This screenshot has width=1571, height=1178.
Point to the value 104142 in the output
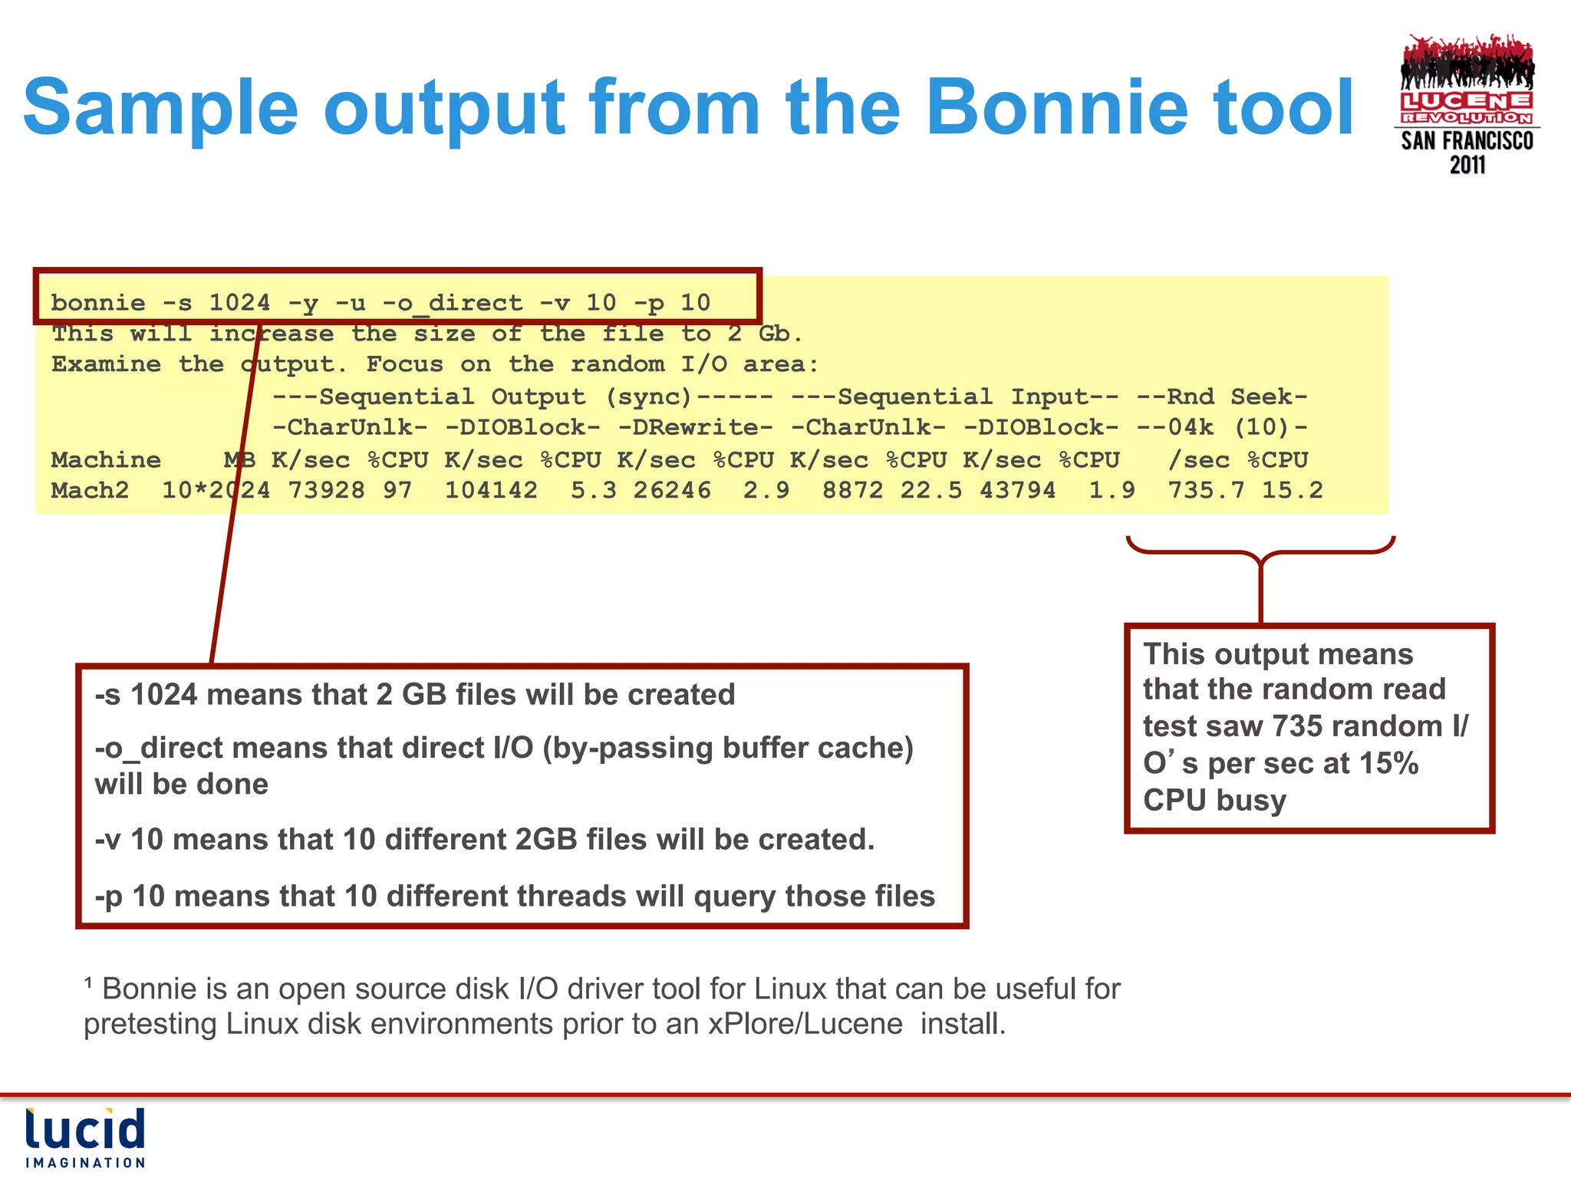click(491, 491)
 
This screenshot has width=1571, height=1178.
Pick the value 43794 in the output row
click(1017, 491)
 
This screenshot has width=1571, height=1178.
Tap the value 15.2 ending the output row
click(1293, 491)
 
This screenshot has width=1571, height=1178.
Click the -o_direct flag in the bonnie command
click(452, 303)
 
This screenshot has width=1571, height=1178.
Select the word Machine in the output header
click(106, 460)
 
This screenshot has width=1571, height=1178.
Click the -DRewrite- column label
click(695, 427)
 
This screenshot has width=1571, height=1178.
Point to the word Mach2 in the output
click(90, 491)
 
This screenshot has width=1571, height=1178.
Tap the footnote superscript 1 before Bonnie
click(89, 982)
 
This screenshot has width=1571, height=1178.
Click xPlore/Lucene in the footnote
click(805, 1024)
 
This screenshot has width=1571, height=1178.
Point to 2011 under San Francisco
click(1467, 165)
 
